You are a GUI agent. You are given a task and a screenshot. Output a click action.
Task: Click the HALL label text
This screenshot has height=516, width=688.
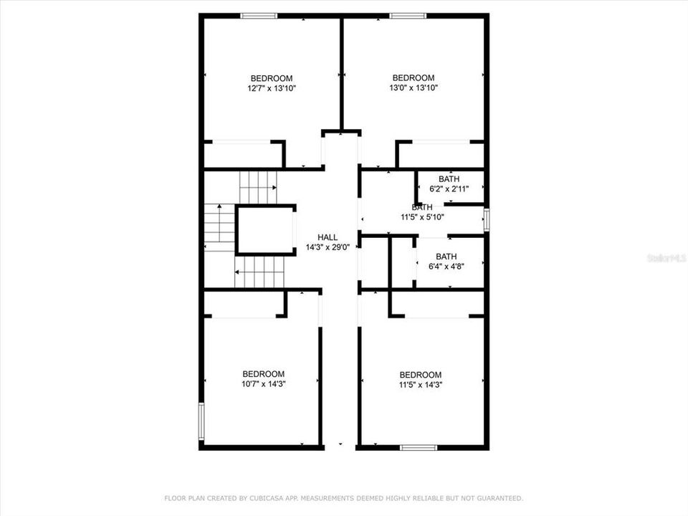click(x=328, y=237)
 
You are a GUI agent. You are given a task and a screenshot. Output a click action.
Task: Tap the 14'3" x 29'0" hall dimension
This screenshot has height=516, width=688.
click(x=328, y=247)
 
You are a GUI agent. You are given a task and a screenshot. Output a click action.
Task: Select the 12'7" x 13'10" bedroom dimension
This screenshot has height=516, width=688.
click(x=272, y=88)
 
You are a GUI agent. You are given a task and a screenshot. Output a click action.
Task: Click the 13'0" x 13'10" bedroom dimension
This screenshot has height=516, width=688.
click(x=414, y=88)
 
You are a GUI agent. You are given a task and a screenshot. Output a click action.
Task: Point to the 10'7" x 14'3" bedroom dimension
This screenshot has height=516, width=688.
click(x=263, y=384)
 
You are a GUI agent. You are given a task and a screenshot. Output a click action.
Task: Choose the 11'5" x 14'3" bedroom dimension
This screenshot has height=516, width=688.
click(x=421, y=385)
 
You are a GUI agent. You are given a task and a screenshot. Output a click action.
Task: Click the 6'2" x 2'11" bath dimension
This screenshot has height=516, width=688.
click(x=449, y=189)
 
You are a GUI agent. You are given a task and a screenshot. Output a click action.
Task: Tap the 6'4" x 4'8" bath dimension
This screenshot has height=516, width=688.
click(x=446, y=267)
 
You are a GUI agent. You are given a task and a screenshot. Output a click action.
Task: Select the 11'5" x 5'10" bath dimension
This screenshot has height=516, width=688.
click(x=422, y=216)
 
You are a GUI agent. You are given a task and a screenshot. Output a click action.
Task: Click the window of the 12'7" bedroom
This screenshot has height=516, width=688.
click(x=259, y=15)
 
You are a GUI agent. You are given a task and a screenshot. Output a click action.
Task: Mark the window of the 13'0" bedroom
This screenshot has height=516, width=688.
click(x=407, y=15)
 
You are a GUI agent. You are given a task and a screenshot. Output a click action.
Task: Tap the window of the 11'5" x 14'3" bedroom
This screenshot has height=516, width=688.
click(x=419, y=447)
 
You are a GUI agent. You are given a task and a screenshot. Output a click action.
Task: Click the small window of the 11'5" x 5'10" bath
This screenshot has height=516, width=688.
click(x=487, y=219)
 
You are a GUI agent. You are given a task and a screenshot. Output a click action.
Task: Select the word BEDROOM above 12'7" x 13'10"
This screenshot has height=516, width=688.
click(x=272, y=78)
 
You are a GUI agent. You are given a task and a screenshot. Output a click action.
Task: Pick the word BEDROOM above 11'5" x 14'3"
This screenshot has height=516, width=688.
click(x=421, y=375)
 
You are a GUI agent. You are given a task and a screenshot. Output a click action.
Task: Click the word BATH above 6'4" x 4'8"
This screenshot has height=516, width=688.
click(x=446, y=257)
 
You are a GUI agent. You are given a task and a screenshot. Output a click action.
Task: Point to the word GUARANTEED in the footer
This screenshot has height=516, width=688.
click(x=500, y=497)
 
